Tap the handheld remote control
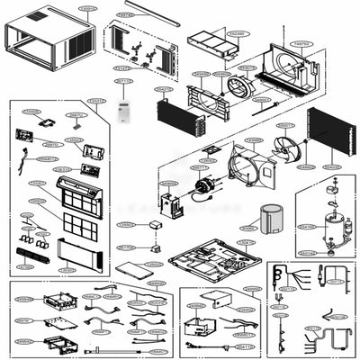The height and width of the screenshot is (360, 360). point(124,112)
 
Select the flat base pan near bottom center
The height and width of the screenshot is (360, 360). point(211,261)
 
